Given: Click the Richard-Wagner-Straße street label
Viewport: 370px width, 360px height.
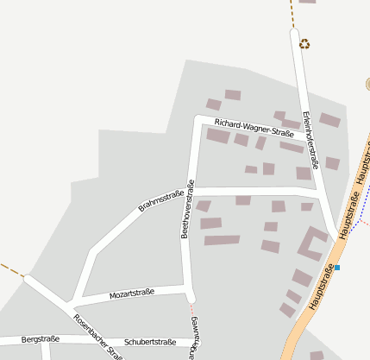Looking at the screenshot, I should coord(242,128).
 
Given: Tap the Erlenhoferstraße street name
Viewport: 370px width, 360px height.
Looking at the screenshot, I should coord(311,139).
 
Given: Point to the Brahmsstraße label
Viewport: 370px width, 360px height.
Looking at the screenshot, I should coord(162,202).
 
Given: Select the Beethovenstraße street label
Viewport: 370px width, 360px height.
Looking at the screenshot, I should coord(187,208).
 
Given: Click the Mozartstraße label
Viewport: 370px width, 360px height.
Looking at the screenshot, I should coord(131,294).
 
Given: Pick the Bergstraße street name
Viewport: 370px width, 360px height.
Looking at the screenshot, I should coord(40,339).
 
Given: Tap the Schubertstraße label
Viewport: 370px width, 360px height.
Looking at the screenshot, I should coord(149,342).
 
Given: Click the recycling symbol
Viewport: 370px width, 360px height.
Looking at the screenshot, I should coord(304,44).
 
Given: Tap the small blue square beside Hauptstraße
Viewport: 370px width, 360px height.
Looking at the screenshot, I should coord(337,268).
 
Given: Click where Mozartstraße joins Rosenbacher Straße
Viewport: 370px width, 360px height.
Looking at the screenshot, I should coord(72,303).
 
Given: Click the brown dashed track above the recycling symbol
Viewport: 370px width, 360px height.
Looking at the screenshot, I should coord(291,13).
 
